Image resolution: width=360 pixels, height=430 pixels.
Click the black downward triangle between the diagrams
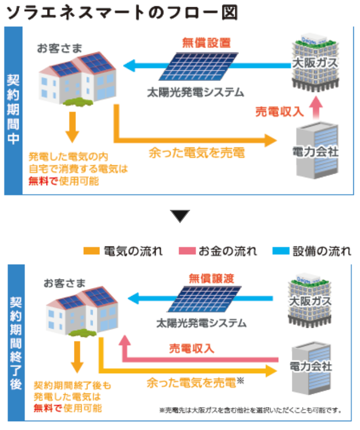(x=181, y=216)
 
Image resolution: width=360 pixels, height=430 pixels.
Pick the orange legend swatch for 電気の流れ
(x=92, y=252)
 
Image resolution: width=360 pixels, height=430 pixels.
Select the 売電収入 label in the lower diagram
(x=191, y=348)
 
